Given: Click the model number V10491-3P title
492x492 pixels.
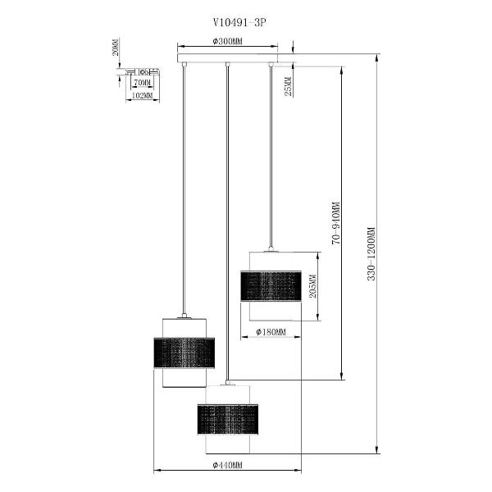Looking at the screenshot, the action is (239, 23).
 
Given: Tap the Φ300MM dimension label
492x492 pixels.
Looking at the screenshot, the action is (227, 42).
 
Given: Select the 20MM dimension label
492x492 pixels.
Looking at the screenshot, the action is (116, 48).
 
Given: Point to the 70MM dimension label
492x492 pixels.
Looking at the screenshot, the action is (143, 83).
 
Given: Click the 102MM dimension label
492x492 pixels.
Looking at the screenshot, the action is (142, 95).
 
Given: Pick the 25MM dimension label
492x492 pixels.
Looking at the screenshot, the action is (288, 86).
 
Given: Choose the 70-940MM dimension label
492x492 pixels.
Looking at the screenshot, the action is (335, 223).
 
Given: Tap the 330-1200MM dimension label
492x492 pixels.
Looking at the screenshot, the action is (371, 253).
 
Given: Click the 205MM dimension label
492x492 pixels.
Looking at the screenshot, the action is (313, 286).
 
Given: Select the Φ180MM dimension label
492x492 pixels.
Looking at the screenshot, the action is (271, 331).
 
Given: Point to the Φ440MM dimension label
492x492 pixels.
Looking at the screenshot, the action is (227, 465).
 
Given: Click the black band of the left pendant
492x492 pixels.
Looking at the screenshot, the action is (184, 353).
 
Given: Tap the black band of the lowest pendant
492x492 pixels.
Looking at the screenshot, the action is (228, 420).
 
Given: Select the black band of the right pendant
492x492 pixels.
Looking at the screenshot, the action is (271, 286).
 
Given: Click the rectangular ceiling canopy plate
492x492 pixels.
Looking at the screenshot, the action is (228, 58).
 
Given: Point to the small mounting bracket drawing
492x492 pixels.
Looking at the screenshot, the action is (143, 72).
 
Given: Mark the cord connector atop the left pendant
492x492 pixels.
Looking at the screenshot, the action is (184, 316).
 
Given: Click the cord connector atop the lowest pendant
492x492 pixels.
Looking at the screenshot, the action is (227, 383).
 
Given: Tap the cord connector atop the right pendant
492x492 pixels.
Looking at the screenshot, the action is (271, 248).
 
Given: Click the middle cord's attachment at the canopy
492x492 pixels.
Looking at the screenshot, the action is (227, 64).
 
